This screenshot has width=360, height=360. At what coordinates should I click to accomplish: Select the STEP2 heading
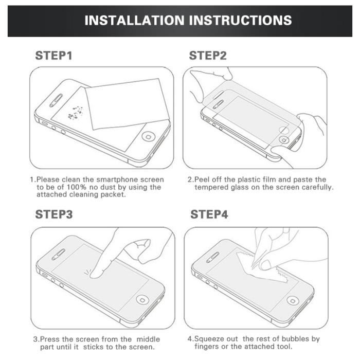tap(208, 56)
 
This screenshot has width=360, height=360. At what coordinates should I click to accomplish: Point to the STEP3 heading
tap(53, 214)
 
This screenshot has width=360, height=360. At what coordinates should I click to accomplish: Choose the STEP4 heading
tap(209, 214)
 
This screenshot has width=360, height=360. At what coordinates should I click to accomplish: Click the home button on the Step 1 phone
tap(149, 137)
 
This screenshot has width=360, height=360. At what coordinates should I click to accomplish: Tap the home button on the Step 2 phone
tap(283, 139)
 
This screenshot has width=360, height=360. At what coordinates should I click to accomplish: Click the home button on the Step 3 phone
tap(141, 299)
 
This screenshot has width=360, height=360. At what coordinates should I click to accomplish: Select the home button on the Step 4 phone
tap(293, 300)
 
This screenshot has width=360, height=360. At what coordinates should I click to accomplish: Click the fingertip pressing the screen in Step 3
tap(97, 273)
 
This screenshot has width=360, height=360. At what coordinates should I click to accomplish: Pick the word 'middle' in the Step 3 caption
tap(148, 339)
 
